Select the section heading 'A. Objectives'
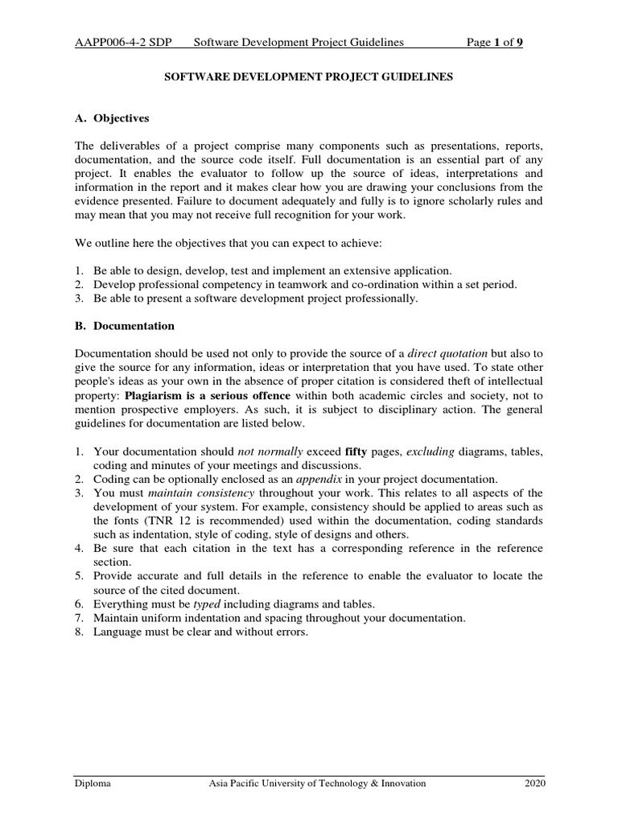[112, 118]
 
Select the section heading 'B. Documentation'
[124, 327]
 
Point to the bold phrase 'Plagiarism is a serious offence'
[207, 397]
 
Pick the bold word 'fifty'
[356, 451]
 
